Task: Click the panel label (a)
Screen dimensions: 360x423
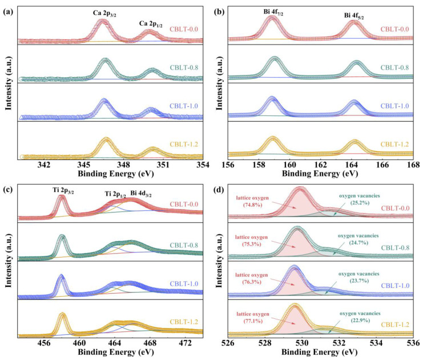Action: pos(9,9)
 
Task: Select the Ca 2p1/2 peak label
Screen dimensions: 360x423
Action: pos(152,24)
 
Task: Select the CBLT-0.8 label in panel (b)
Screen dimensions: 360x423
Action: pos(396,67)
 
